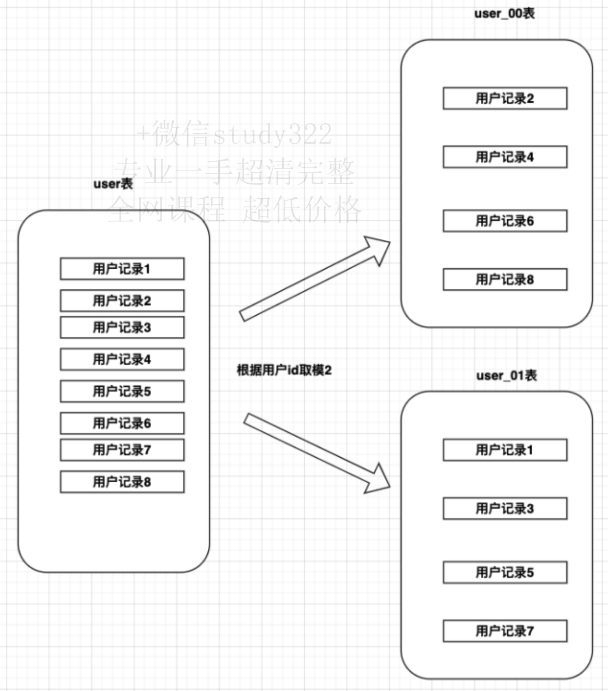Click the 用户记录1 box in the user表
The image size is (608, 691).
coord(122,269)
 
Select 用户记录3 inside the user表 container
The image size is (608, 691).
coord(122,327)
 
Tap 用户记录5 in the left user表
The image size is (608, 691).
coord(122,391)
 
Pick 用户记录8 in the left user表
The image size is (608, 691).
coord(122,482)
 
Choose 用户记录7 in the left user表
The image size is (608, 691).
coord(122,450)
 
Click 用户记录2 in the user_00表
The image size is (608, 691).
coord(505,98)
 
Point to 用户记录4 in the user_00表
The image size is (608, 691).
coord(505,157)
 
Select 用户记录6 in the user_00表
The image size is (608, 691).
coord(505,221)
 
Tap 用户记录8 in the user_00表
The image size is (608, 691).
coord(505,279)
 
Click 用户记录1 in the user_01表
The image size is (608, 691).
coord(505,450)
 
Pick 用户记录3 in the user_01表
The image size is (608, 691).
coord(505,509)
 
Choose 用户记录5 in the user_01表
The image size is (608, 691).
coord(505,572)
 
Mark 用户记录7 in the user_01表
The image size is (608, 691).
coord(505,631)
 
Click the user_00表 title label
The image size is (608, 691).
coord(505,14)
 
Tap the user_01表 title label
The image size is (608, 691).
coord(507,376)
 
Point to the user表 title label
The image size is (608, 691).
coord(113,184)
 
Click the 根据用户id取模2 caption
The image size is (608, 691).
coord(284,370)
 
